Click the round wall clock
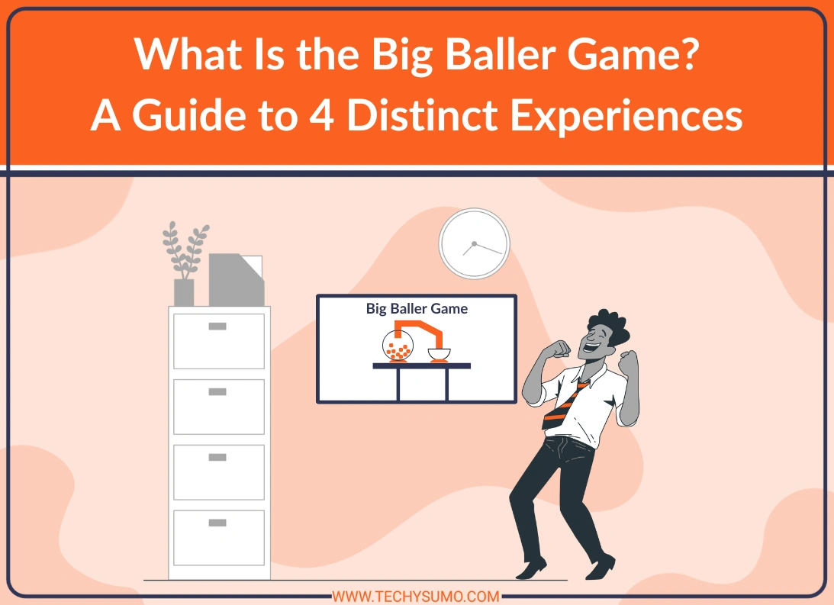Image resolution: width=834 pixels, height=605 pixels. click(x=474, y=243)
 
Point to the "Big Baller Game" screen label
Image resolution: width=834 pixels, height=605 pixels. click(x=417, y=309)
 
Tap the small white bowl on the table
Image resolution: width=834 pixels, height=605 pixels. click(x=439, y=354)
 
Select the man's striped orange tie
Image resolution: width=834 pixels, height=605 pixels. click(x=565, y=404)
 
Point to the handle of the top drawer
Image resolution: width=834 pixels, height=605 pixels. click(x=217, y=327)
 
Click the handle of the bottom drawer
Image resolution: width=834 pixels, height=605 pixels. click(x=217, y=523)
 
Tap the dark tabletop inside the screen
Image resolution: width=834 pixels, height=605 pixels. click(x=421, y=366)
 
